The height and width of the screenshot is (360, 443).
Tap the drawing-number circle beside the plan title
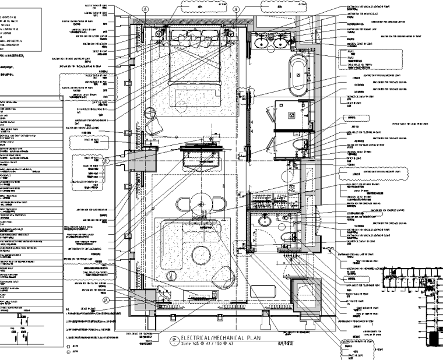pos(172,340)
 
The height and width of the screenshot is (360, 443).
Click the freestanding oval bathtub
pos(298,73)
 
